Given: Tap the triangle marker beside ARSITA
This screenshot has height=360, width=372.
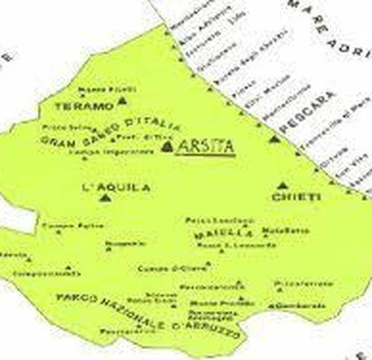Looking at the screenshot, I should tap(167, 147).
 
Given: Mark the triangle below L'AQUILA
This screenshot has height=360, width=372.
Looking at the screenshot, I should tap(105, 199).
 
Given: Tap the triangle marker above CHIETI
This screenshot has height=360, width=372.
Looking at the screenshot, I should tap(282, 184).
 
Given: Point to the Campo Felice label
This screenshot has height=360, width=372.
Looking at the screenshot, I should tap(61, 224).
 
